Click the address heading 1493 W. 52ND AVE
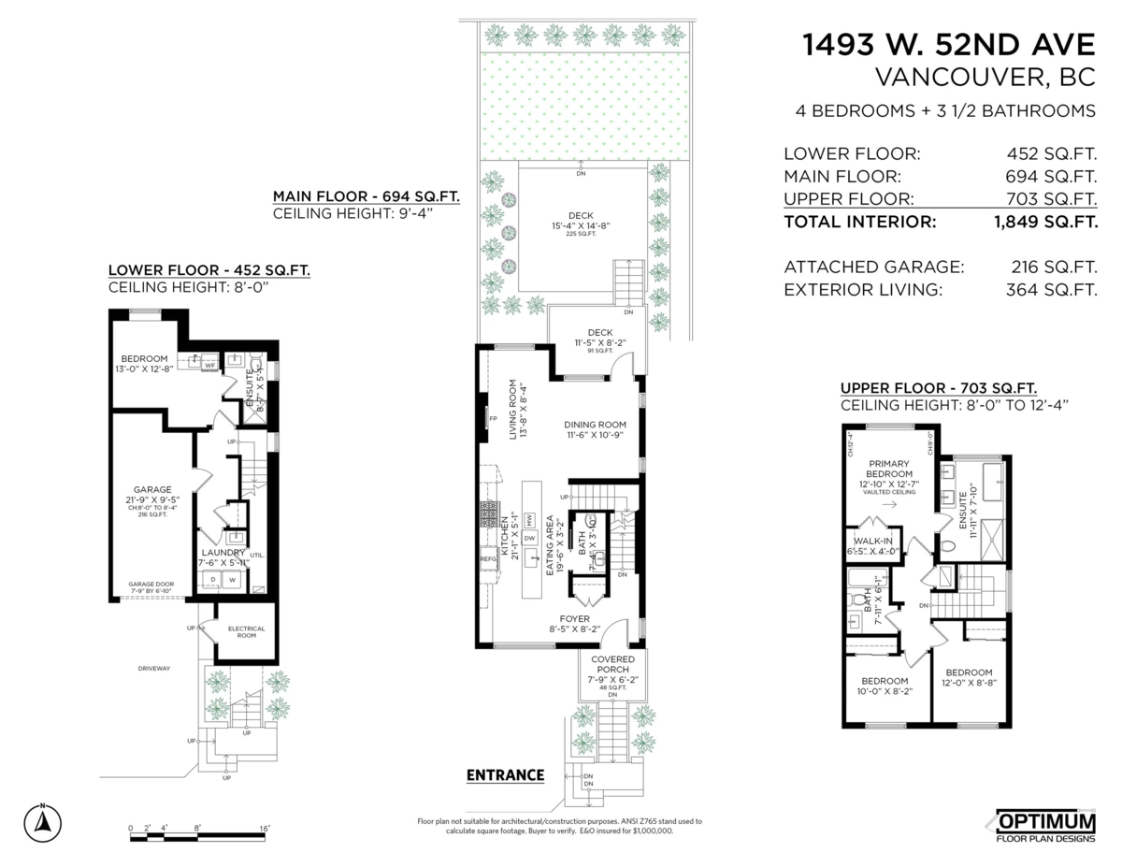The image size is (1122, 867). pos(950,45)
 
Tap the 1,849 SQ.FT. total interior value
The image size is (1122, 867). pos(1045,223)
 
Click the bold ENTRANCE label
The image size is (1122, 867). pos(505,774)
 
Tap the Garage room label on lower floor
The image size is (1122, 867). pos(151,489)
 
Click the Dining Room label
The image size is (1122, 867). pos(595,424)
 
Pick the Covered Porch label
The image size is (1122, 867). pos(613,665)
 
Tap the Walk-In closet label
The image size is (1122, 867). pos(870,540)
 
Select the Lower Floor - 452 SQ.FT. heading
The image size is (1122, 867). pos(209,270)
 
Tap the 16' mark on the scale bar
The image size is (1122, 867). pos(265,828)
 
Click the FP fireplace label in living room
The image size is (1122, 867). pos(492,419)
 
